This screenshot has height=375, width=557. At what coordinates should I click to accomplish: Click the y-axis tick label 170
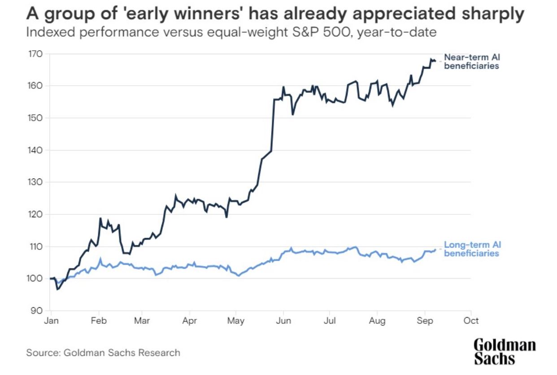pyautogui.click(x=36, y=54)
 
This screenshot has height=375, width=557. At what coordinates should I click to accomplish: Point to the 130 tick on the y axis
pyautogui.click(x=36, y=182)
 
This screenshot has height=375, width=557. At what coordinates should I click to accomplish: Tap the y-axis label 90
pyautogui.click(x=38, y=310)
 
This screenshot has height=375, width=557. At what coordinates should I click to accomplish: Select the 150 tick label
pyautogui.click(x=36, y=118)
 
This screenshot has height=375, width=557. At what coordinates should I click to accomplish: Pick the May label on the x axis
pyautogui.click(x=236, y=321)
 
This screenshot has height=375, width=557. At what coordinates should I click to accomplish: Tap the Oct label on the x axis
pyautogui.click(x=471, y=321)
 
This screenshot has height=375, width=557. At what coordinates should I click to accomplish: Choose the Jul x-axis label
pyautogui.click(x=330, y=321)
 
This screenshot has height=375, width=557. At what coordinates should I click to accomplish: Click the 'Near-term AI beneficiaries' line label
pyautogui.click(x=471, y=61)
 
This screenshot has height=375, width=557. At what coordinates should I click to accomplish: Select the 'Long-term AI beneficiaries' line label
pyautogui.click(x=472, y=249)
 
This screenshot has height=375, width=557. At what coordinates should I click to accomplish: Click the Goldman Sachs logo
pyautogui.click(x=505, y=352)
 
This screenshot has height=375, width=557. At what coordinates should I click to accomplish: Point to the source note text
pyautogui.click(x=103, y=353)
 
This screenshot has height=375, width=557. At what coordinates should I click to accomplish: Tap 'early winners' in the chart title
pyautogui.click(x=153, y=14)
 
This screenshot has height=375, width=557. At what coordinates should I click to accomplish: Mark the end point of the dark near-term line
pyautogui.click(x=435, y=61)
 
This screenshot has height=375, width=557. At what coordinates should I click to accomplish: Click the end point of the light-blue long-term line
pyautogui.click(x=435, y=249)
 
